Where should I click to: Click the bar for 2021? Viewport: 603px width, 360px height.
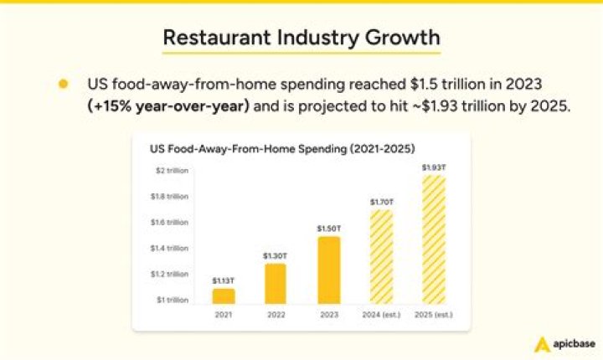[224, 296]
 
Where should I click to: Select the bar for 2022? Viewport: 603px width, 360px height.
[276, 284]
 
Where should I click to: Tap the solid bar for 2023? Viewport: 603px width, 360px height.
[329, 270]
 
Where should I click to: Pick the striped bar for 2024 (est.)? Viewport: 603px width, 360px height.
[382, 257]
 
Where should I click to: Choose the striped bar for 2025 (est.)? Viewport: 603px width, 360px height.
[434, 240]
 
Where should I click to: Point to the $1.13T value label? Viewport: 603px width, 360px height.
[223, 280]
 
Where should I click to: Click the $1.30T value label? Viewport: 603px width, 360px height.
[275, 256]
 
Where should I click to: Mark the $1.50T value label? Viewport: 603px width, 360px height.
[329, 229]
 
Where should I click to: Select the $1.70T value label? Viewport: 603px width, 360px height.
[382, 202]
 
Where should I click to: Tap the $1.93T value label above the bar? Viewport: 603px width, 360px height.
[434, 167]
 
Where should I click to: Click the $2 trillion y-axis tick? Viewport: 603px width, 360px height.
[172, 171]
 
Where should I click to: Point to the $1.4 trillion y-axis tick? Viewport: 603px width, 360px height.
[169, 248]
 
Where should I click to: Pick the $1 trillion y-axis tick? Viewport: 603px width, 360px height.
[173, 300]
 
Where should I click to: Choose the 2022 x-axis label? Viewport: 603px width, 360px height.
[276, 315]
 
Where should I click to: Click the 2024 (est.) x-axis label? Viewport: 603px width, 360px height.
[381, 315]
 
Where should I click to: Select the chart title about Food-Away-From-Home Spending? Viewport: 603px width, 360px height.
[282, 149]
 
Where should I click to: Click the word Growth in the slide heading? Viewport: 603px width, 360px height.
[402, 38]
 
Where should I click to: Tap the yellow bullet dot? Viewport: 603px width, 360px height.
[64, 84]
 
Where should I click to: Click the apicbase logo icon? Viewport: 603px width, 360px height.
[542, 344]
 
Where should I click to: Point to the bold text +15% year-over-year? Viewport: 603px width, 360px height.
[169, 105]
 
